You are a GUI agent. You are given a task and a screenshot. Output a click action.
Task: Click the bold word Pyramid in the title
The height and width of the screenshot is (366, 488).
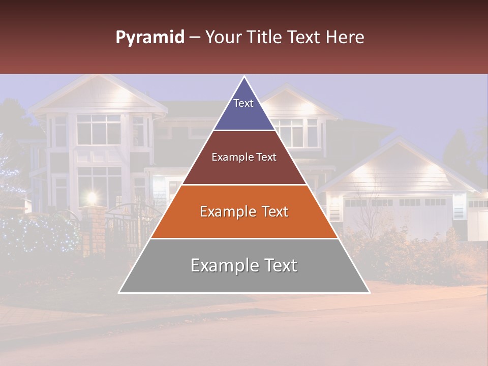(149, 38)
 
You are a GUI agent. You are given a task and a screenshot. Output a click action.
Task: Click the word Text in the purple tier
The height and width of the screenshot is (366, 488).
(243, 103)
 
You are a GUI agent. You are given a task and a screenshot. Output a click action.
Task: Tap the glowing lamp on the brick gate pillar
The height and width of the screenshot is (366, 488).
(92, 197)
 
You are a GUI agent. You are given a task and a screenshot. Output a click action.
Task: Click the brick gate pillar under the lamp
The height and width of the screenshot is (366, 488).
(94, 229)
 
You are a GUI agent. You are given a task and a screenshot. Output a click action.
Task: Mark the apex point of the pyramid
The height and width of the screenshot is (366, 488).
(245, 77)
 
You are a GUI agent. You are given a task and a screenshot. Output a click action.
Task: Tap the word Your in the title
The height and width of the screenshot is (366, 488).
(223, 38)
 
